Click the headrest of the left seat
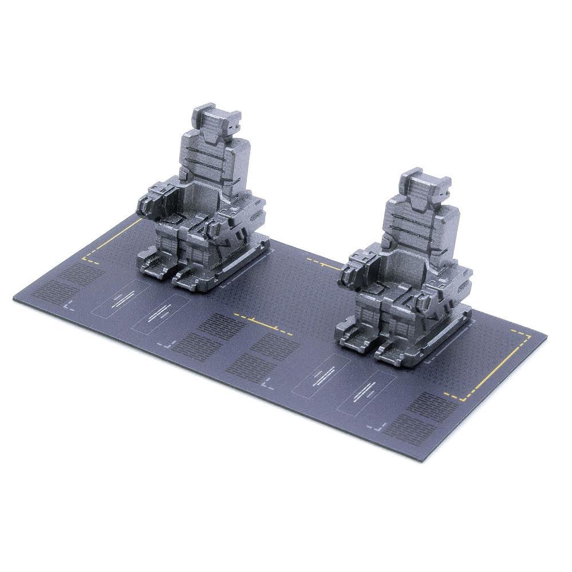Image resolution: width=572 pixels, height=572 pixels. point(213,118)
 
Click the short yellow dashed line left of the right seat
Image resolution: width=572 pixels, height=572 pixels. point(324,264)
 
